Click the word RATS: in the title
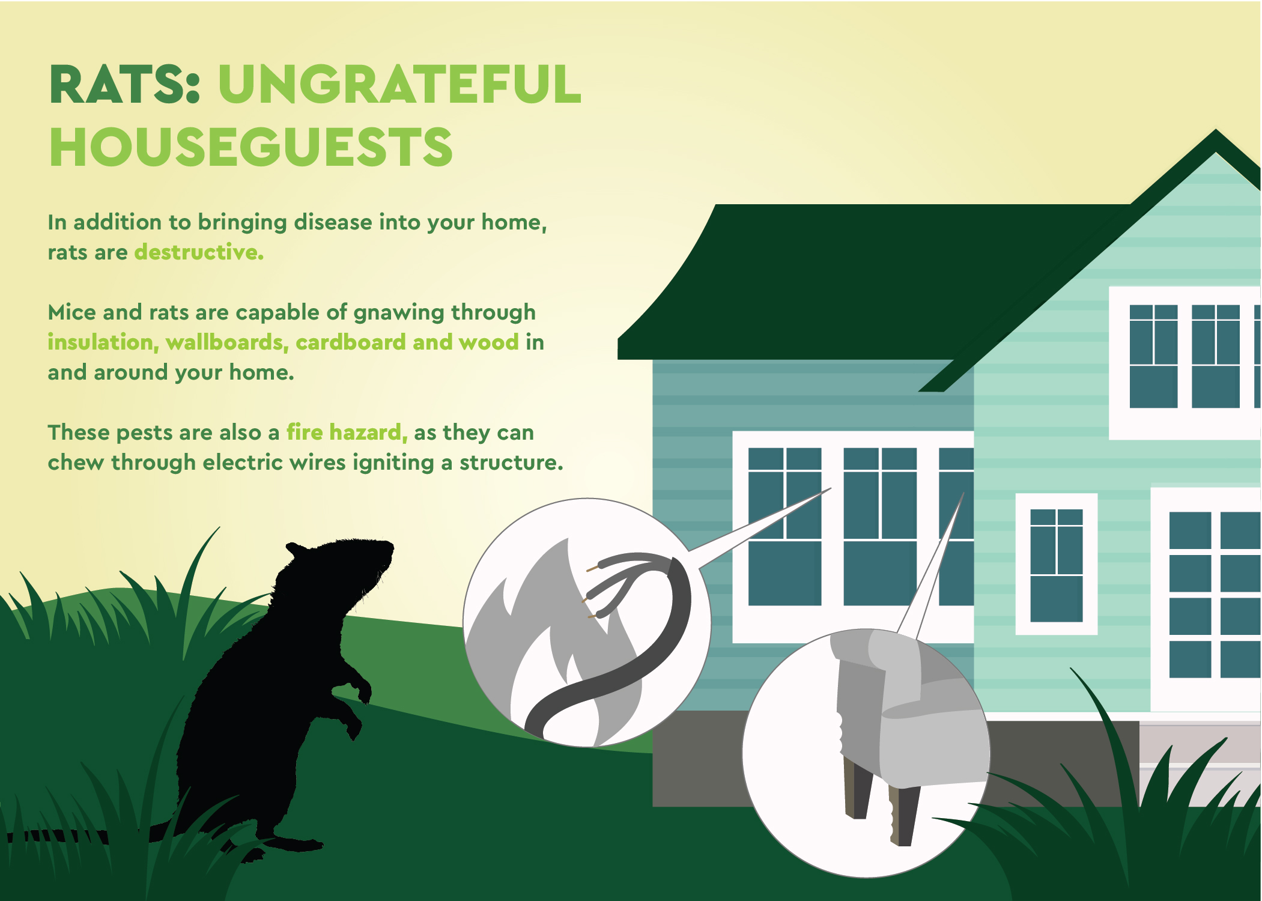[x=124, y=85]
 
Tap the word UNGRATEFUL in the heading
[x=399, y=85]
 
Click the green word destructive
[x=199, y=252]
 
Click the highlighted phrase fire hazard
[x=347, y=432]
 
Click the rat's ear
[x=297, y=550]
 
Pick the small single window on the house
[x=1056, y=565]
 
